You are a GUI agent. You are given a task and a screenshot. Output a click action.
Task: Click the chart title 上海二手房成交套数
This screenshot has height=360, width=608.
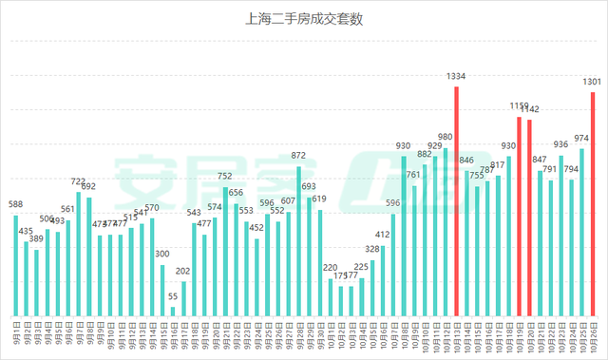click(x=304, y=18)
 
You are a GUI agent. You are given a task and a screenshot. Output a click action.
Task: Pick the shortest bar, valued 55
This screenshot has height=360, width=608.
click(x=173, y=311)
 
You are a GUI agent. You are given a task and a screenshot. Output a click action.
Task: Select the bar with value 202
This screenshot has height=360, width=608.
click(x=183, y=298)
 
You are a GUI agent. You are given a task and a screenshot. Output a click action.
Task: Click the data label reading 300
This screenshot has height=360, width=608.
click(x=162, y=254)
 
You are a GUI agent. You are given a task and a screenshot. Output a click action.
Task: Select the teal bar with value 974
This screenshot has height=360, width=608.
click(x=582, y=233)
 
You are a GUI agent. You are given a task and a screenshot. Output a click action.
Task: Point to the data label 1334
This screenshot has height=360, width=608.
click(x=456, y=76)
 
